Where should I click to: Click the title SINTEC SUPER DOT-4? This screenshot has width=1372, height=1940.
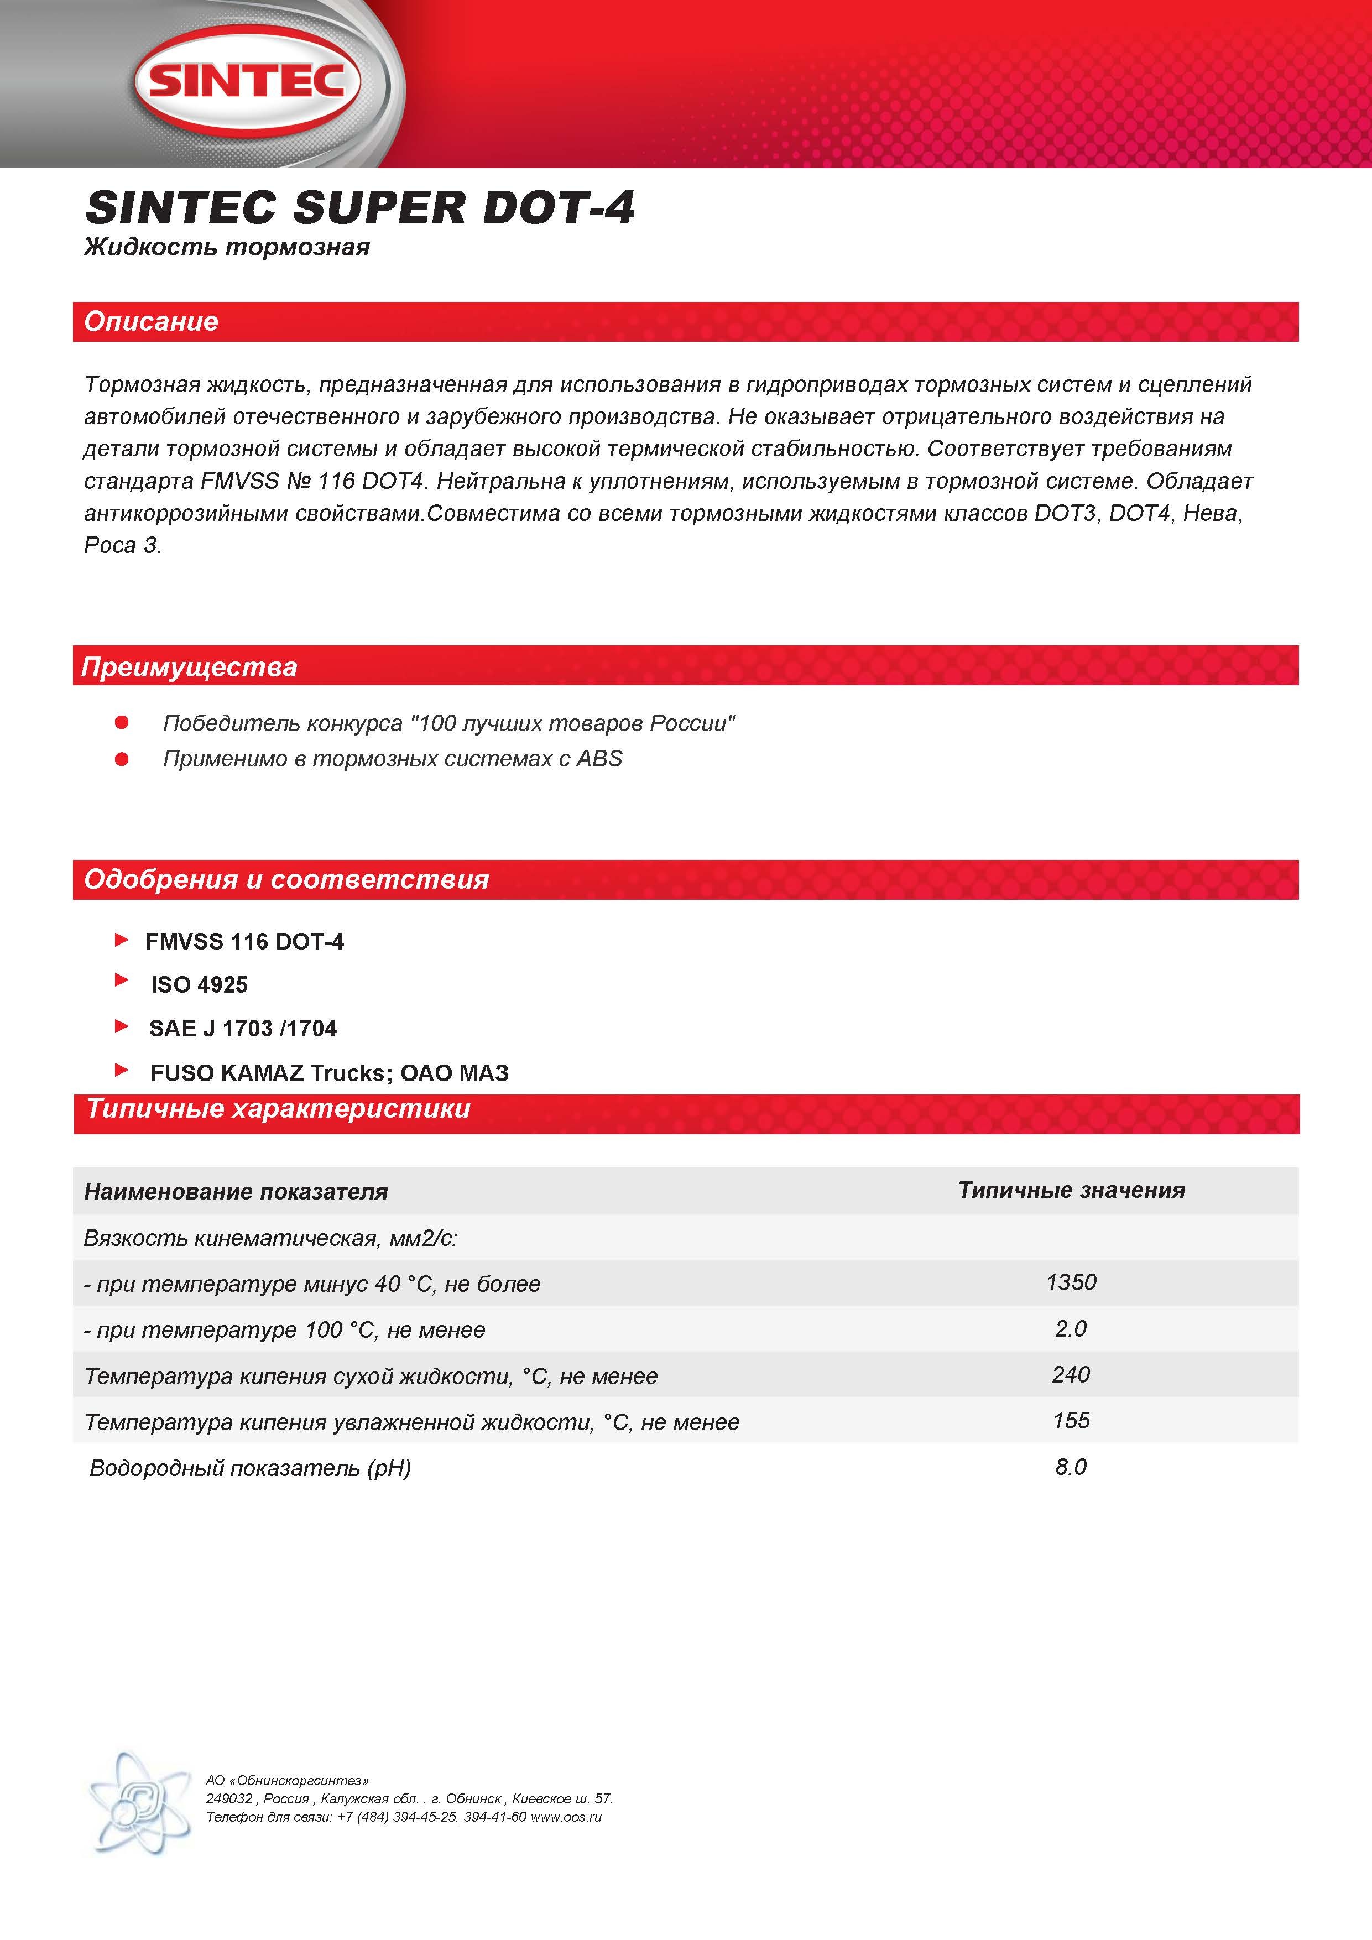[360, 208]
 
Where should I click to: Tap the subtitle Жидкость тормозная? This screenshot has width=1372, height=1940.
[226, 248]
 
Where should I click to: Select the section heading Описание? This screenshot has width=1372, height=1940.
[151, 322]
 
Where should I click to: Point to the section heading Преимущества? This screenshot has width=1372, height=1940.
[189, 667]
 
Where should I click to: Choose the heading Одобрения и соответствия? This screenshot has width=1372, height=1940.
[286, 880]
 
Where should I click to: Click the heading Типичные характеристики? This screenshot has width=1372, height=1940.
[279, 1109]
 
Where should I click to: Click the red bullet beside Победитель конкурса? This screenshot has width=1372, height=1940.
[122, 722]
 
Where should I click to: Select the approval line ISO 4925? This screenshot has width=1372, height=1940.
[200, 984]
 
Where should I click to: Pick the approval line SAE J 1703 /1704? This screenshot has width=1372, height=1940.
[242, 1028]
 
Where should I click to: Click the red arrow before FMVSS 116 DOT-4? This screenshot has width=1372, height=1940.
[122, 940]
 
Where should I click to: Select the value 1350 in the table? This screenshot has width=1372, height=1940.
[1071, 1282]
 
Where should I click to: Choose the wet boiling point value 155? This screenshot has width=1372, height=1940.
[1071, 1420]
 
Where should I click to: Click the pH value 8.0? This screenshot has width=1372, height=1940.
[1071, 1467]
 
